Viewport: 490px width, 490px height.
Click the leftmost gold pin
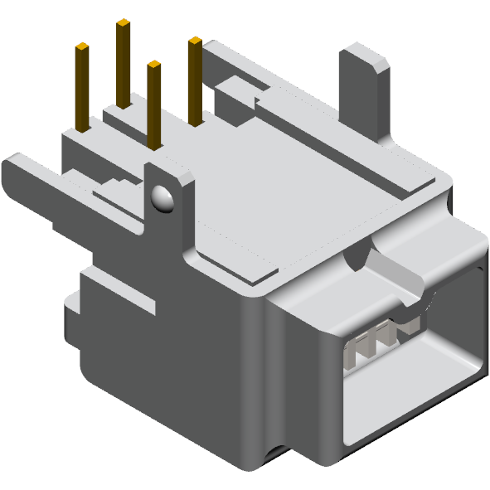pos(83,87)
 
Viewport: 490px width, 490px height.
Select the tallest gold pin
pos(123,62)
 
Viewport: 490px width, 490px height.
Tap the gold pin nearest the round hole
pos(154,104)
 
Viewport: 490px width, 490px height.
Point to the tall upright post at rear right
pos(364,91)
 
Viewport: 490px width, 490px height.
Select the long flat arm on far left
pos(33,178)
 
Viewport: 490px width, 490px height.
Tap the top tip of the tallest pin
pos(123,23)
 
